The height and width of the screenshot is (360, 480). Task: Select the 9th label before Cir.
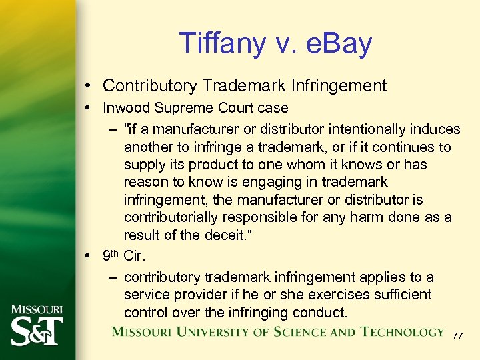click(111, 254)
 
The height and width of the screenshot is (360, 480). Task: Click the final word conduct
click(319, 312)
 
